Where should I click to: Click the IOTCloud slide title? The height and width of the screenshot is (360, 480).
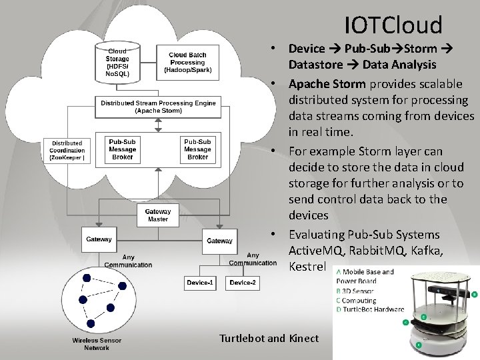393,25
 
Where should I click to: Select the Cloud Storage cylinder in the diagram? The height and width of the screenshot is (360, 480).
117,60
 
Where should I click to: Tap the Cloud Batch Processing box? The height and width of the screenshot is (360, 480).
187,62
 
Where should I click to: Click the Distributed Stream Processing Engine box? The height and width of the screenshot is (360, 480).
158,107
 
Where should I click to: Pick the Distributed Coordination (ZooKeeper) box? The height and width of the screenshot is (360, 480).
67,151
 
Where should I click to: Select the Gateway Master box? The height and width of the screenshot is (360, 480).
157,215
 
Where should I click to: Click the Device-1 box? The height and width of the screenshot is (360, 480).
201,283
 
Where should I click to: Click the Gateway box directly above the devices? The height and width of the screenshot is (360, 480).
220,241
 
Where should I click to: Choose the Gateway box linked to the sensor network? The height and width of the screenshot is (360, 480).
99,239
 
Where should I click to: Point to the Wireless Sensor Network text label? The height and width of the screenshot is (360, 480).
97,344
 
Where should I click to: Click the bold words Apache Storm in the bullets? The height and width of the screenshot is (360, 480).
327,84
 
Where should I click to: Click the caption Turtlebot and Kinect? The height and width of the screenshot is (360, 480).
270,338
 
